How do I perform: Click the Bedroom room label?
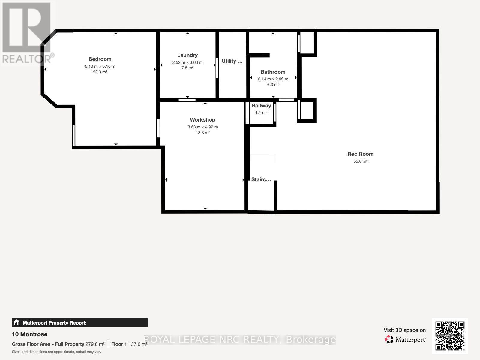tap(100, 59)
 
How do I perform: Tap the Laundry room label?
tap(187, 55)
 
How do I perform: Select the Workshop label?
tap(202, 120)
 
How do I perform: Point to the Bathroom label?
tap(273, 72)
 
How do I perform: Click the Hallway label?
tap(261, 106)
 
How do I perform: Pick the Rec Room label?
tap(360, 154)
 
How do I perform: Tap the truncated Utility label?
tap(232, 61)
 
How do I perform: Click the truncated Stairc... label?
tap(261, 179)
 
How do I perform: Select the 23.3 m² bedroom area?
tap(100, 72)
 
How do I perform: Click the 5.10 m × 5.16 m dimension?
tap(100, 66)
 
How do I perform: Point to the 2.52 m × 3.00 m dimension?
tap(187, 62)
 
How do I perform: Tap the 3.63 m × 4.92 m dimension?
tap(203, 127)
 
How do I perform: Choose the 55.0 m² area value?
tap(360, 161)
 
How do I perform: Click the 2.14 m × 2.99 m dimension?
tap(273, 79)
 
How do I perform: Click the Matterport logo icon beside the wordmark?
tap(389, 340)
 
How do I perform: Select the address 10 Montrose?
tap(30, 334)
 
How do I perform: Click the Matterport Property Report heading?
tap(55, 323)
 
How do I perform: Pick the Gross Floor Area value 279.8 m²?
tap(95, 344)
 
